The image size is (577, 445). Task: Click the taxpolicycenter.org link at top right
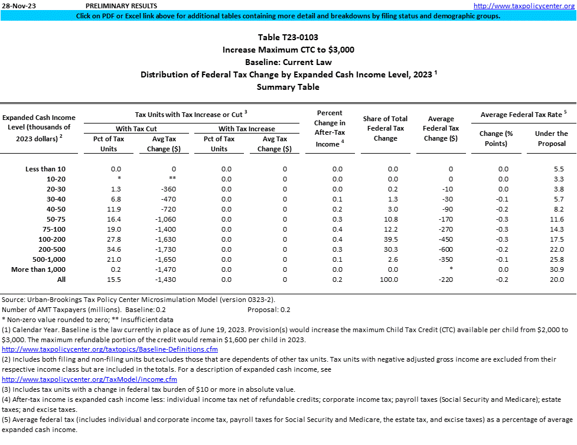524,5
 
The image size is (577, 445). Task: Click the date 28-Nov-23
16,5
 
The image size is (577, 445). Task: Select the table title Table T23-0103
288,37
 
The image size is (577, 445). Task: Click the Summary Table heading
288,87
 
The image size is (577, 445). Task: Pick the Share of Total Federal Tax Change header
385,128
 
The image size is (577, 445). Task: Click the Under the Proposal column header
551,138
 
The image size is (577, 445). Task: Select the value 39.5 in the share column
385,239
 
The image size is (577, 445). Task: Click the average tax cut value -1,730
162,249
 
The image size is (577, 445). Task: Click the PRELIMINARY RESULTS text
116,5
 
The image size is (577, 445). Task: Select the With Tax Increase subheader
247,128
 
